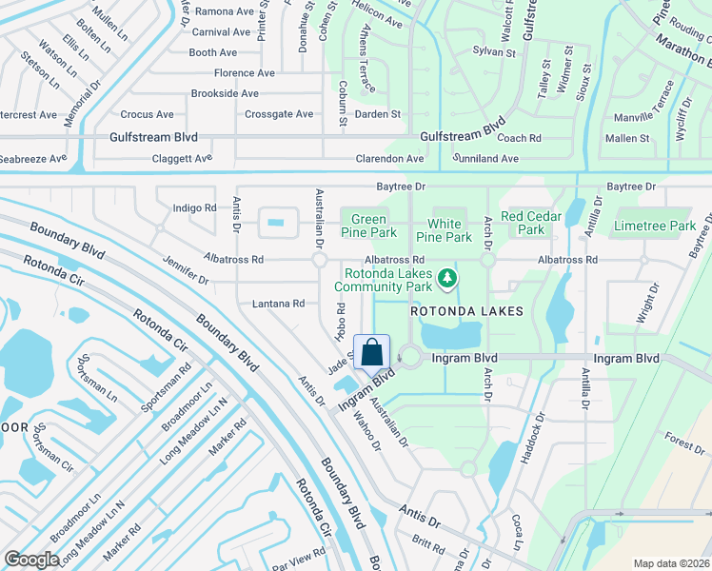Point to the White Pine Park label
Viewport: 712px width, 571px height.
(x=445, y=230)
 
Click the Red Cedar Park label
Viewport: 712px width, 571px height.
(x=531, y=223)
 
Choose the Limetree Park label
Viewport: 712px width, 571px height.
(x=655, y=226)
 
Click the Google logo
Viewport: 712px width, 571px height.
(x=31, y=560)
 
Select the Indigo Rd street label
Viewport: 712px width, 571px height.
(x=194, y=207)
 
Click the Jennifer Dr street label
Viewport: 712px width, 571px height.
(x=186, y=268)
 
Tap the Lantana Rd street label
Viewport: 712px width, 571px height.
(x=278, y=304)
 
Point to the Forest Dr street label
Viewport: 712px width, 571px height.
(x=685, y=443)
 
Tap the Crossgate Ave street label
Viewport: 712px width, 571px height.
(x=279, y=114)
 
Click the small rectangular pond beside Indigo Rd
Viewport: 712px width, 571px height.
(x=275, y=224)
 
